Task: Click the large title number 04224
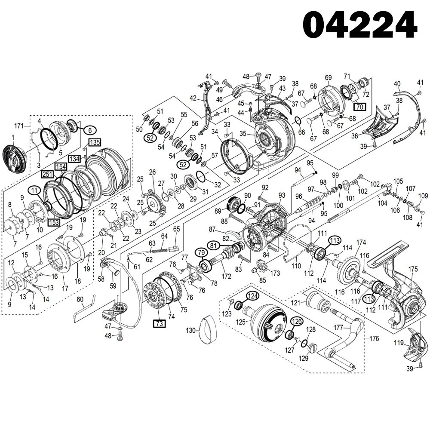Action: [x=360, y=25]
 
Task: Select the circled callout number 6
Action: [x=90, y=129]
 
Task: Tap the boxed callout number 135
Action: [x=95, y=143]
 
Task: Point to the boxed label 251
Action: [x=48, y=174]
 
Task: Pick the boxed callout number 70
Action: [x=359, y=106]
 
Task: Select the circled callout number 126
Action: [x=297, y=321]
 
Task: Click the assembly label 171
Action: [x=18, y=126]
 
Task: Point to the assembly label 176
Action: [x=374, y=339]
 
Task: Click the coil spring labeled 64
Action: [x=160, y=250]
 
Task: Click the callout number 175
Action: [x=413, y=269]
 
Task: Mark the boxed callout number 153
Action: [x=54, y=222]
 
